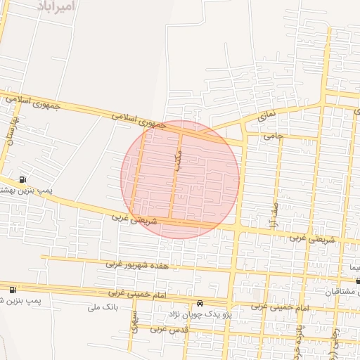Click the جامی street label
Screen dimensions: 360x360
coord(272,138)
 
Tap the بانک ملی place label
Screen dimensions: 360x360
coord(101,307)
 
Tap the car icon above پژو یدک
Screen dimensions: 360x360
coord(199,303)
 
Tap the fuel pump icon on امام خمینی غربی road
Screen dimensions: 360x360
coord(13,290)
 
